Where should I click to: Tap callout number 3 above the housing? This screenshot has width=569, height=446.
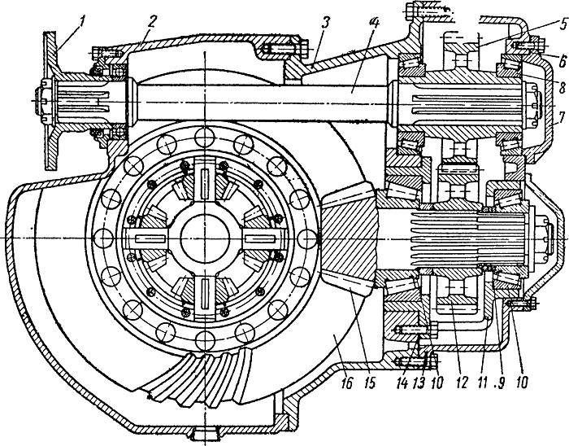tap(324, 23)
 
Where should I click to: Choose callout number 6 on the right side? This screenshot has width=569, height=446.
tap(562, 61)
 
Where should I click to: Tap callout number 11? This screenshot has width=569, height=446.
tap(481, 383)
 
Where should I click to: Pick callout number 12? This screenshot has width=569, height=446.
tap(461, 383)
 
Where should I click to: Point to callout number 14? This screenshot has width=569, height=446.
tap(402, 383)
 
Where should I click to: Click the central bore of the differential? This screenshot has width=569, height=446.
tap(205, 238)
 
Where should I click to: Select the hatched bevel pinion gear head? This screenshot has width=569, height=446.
tap(349, 238)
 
